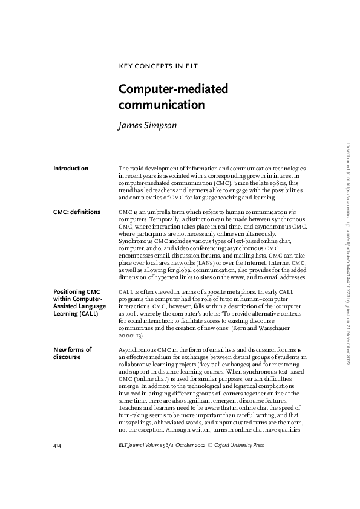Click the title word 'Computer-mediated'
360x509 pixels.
[173, 89]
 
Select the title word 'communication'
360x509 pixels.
[162, 105]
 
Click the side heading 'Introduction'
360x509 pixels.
[71, 169]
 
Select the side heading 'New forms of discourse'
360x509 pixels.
[72, 353]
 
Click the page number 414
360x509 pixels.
[58, 446]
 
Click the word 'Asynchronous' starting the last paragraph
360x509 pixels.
[137, 350]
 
